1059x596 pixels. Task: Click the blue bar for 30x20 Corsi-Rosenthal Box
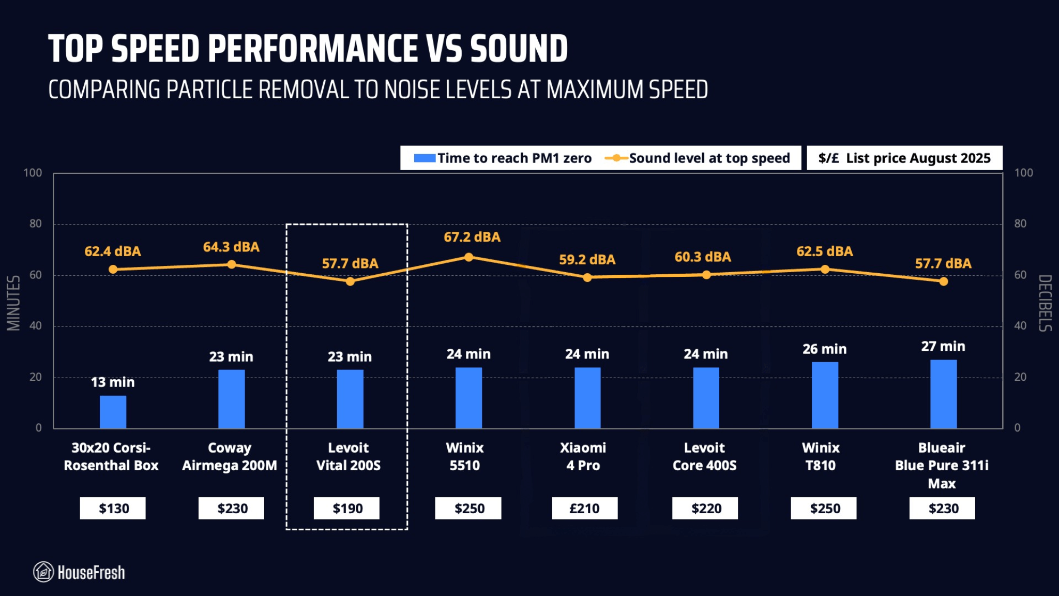point(113,412)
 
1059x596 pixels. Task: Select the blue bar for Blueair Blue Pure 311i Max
point(943,394)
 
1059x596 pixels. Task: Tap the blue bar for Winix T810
point(825,395)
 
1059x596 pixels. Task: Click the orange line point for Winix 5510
point(468,257)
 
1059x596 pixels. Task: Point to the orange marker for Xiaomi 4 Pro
point(587,278)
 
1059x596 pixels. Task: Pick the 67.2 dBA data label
point(472,237)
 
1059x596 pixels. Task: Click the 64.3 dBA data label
point(231,247)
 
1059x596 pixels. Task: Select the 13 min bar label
point(113,382)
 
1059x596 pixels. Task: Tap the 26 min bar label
point(824,349)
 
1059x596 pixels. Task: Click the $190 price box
point(346,509)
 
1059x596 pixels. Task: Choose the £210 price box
point(584,509)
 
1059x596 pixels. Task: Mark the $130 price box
point(113,509)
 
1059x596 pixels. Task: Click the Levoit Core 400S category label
point(704,456)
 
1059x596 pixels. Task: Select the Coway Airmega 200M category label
point(230,456)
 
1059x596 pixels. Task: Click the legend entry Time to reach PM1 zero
point(503,158)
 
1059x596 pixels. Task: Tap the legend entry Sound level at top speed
point(698,158)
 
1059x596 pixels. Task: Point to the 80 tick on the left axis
point(36,224)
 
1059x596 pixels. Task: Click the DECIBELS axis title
point(1045,303)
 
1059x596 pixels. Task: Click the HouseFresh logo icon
point(43,572)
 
